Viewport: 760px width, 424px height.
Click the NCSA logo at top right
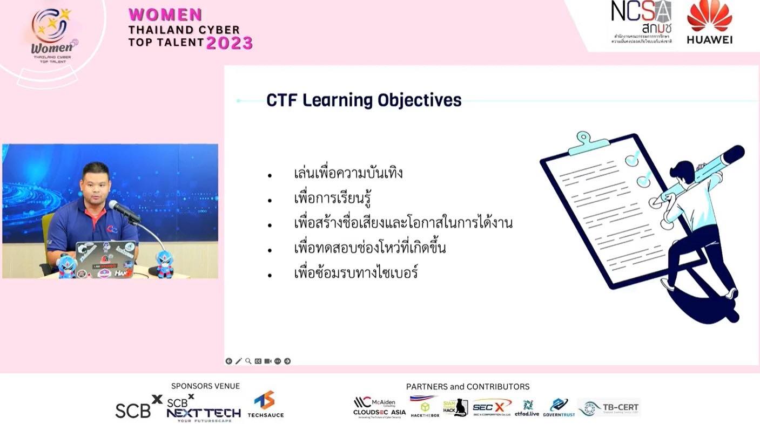tap(641, 23)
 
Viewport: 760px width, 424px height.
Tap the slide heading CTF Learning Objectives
tap(364, 100)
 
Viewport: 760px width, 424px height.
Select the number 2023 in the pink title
tap(229, 43)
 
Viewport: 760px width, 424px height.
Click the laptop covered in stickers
tap(105, 259)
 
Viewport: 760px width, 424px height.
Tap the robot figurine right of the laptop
tap(164, 264)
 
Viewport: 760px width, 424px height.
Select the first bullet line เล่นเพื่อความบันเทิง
tap(348, 174)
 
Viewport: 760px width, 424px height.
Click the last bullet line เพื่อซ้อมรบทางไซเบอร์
tap(356, 273)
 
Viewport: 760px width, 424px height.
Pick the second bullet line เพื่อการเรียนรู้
tap(333, 199)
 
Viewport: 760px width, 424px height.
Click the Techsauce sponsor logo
tap(265, 405)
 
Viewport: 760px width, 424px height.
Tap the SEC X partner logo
tap(492, 407)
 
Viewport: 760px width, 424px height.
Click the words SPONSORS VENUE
tap(205, 386)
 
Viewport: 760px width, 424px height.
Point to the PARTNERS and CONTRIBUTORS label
tap(467, 387)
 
